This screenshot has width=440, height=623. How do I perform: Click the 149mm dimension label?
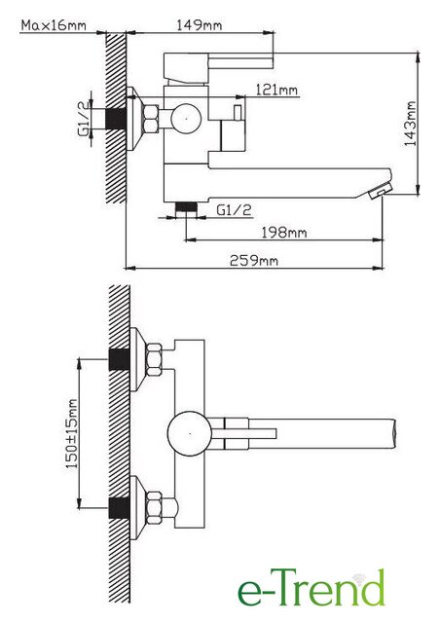(200, 25)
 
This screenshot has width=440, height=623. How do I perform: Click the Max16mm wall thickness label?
(54, 25)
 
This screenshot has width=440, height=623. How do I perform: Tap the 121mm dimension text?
(276, 90)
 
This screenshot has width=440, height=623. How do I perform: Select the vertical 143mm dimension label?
(410, 124)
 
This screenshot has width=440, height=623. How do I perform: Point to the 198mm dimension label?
(284, 232)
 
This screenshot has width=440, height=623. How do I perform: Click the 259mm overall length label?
(254, 261)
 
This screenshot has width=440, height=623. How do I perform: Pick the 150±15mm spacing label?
(71, 433)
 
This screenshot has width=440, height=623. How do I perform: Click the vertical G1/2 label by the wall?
(83, 119)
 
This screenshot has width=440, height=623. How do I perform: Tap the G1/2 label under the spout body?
(234, 210)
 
